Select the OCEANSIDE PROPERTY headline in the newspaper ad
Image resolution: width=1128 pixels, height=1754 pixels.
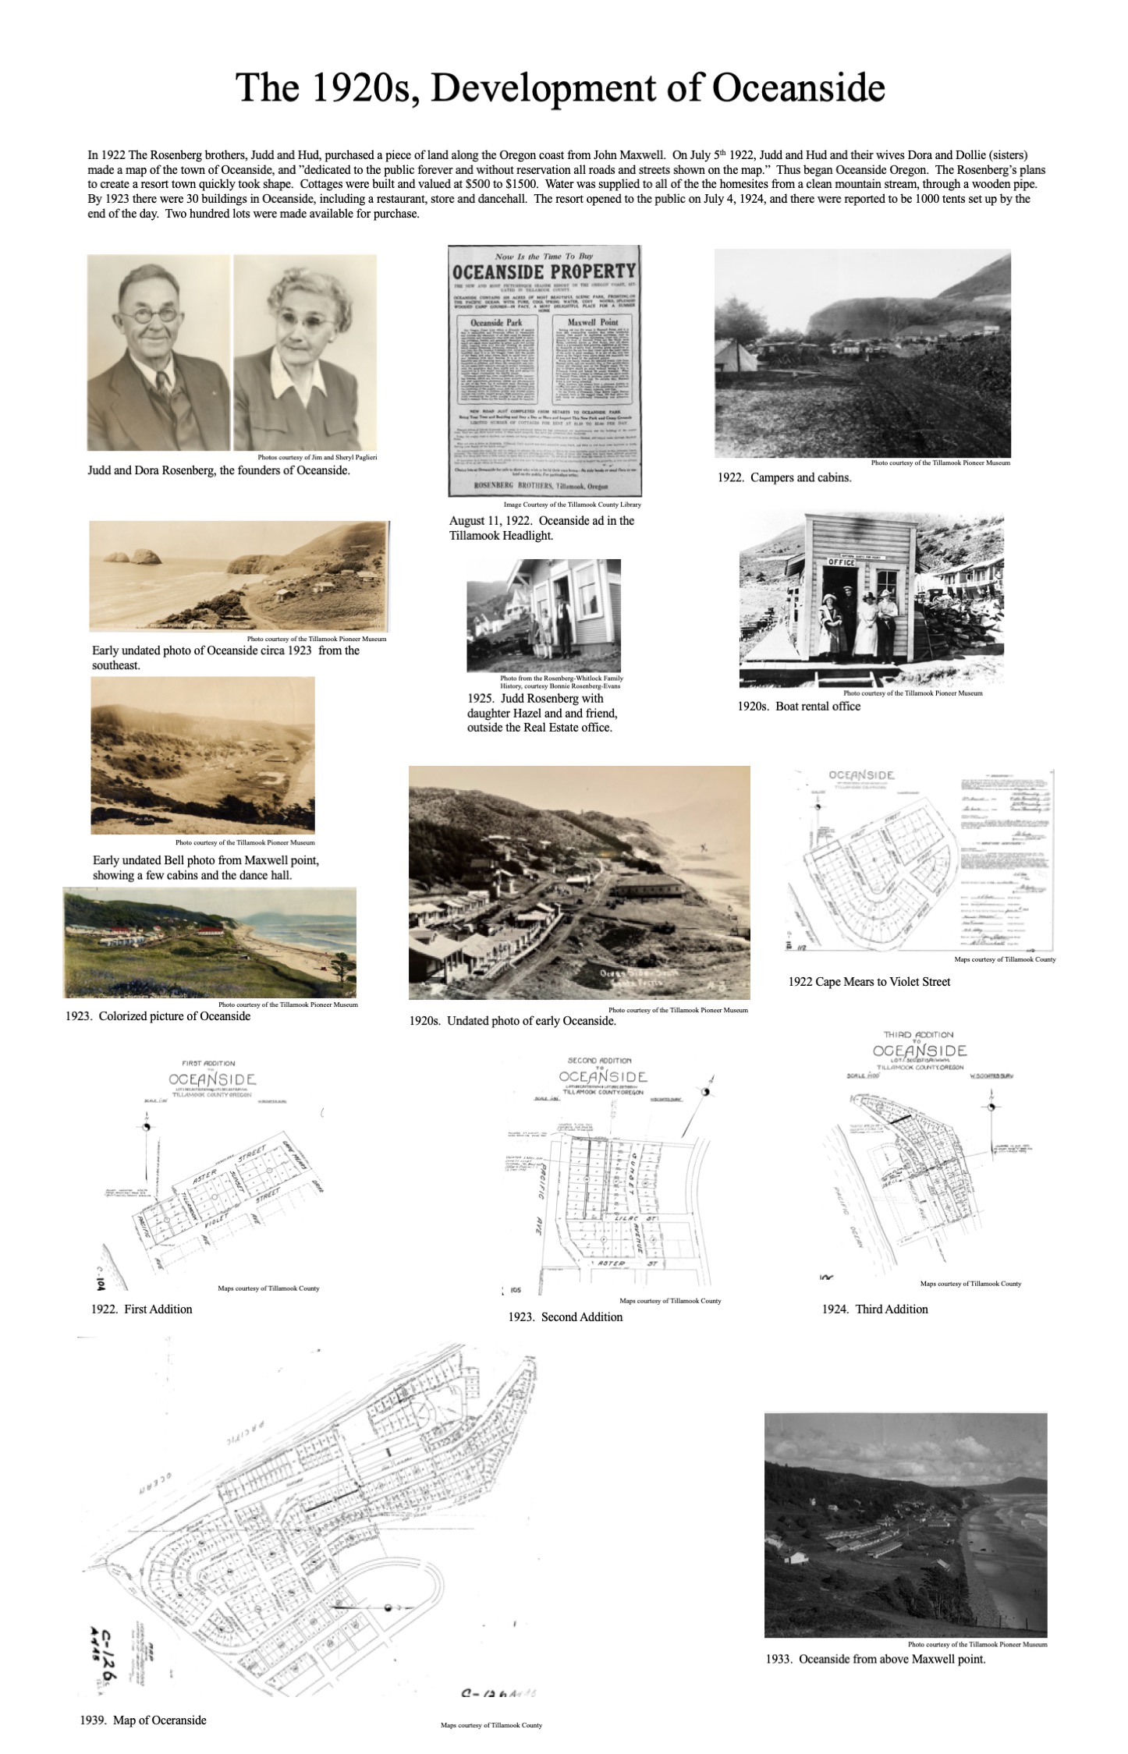click(x=544, y=272)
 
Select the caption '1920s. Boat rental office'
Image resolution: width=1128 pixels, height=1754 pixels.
click(x=799, y=707)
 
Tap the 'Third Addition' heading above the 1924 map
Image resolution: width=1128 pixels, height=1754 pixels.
click(x=918, y=1035)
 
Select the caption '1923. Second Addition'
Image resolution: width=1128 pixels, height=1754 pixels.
click(x=565, y=1317)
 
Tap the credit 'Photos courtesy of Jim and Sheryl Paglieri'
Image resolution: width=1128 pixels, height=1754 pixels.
click(x=317, y=458)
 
